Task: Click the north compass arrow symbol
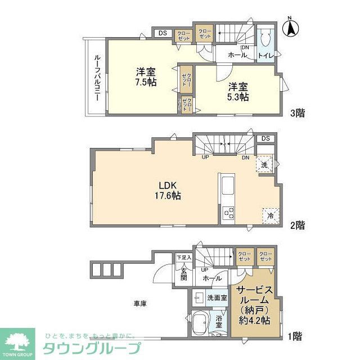[x=291, y=28]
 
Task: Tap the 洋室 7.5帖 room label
[x=146, y=76]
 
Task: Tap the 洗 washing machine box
[x=264, y=164]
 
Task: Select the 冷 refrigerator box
[x=269, y=215]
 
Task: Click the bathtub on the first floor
[x=201, y=325]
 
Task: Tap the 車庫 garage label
[x=140, y=304]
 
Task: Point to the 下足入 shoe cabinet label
[x=184, y=258]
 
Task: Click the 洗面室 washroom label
[x=217, y=297]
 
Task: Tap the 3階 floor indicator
[x=298, y=113]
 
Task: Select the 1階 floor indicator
[x=295, y=336]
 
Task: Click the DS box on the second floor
[x=265, y=138]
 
